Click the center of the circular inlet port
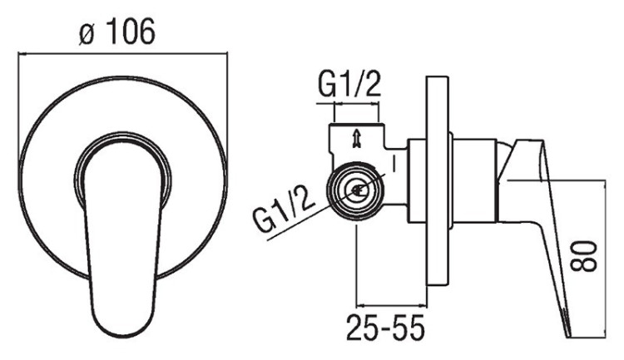coord(357,190)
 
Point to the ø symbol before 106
coord(87,32)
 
